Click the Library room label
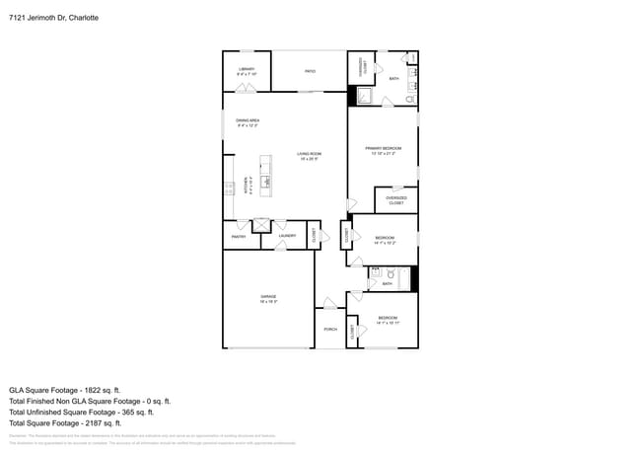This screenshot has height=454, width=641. [247, 71]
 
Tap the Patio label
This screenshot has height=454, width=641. [310, 71]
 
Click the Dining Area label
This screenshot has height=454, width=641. [247, 122]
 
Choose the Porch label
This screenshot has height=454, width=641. [330, 329]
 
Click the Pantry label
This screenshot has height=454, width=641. [239, 236]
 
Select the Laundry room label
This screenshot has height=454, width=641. [287, 236]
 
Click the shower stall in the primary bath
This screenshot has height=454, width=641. [363, 96]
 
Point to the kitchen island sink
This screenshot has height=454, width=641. [264, 181]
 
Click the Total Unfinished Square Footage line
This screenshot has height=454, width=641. [89, 413]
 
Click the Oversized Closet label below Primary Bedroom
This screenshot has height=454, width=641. [395, 200]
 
